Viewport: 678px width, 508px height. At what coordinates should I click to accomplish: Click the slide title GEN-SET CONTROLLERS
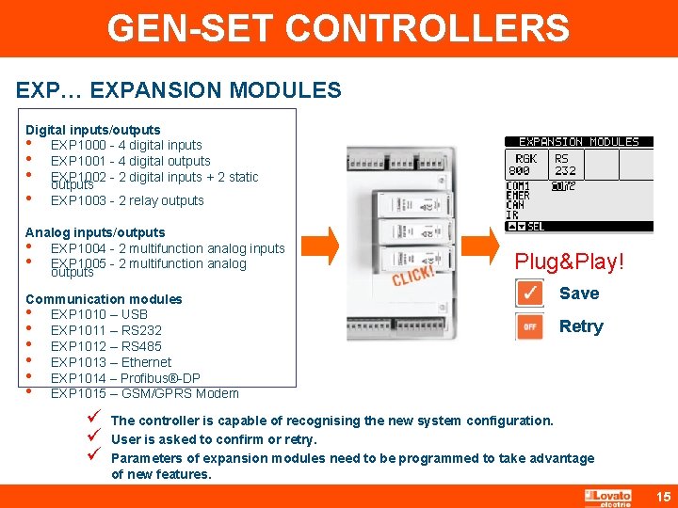pos(338,28)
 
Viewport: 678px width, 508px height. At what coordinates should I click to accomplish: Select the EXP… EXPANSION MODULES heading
pos(179,90)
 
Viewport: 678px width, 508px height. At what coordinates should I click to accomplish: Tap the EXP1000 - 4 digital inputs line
pos(126,145)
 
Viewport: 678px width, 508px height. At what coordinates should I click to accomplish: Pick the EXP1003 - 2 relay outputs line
pos(127,200)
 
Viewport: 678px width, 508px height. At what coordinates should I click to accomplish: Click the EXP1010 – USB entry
pos(99,314)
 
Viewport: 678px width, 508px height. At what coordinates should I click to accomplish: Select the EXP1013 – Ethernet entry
pos(111,362)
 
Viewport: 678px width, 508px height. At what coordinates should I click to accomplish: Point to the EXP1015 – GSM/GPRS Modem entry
pos(144,393)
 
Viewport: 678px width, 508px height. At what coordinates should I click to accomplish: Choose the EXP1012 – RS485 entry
pos(106,346)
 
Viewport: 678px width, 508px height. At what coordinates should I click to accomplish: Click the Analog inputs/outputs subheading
pos(95,232)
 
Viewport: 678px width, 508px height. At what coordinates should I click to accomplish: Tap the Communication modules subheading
pos(104,299)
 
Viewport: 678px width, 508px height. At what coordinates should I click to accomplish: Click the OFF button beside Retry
pos(530,326)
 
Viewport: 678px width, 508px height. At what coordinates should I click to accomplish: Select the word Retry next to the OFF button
pos(581,326)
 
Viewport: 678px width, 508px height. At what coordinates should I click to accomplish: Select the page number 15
pos(661,496)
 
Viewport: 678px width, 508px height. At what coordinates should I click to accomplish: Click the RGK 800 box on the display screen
pos(521,165)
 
